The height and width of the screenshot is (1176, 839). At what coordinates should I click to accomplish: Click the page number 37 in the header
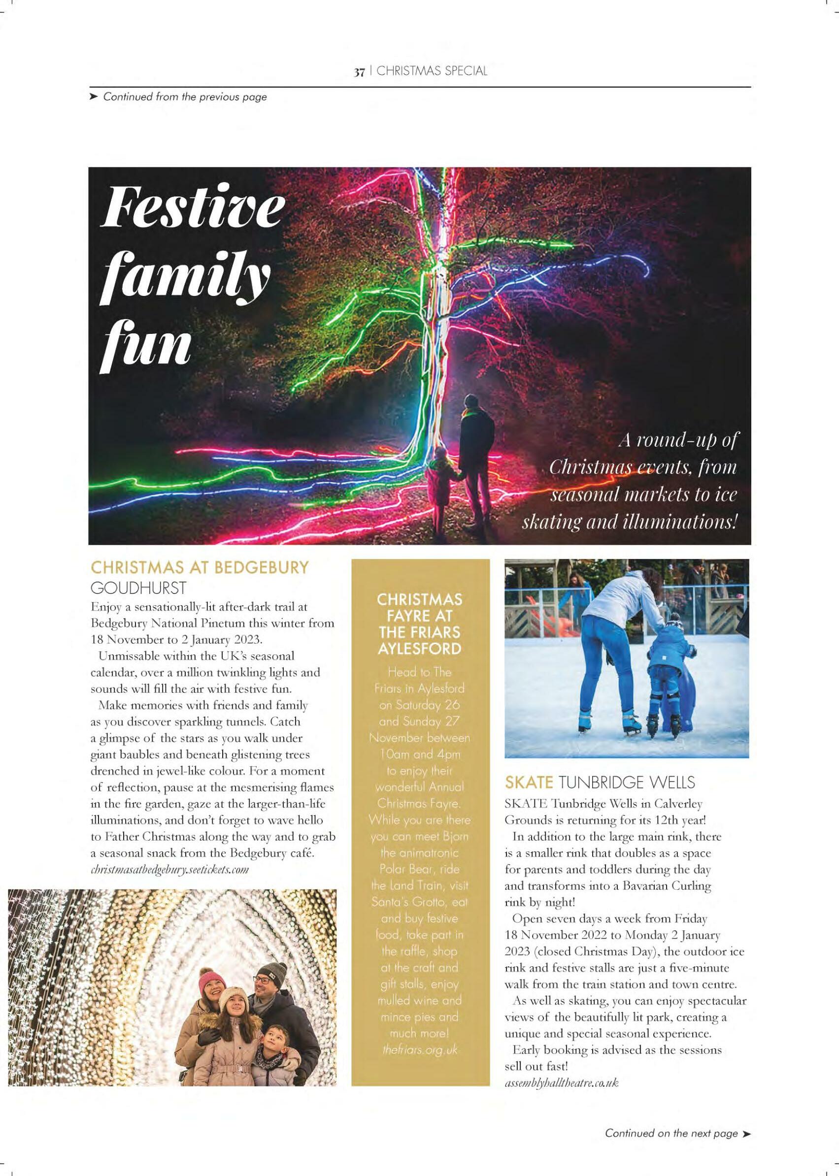359,72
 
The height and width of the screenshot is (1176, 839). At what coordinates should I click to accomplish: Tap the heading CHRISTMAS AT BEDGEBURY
200,568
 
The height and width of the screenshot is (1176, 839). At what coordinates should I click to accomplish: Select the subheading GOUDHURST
138,587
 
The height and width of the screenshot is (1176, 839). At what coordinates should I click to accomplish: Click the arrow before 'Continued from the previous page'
94,97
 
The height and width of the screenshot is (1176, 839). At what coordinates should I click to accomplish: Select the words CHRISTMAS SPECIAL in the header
432,72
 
